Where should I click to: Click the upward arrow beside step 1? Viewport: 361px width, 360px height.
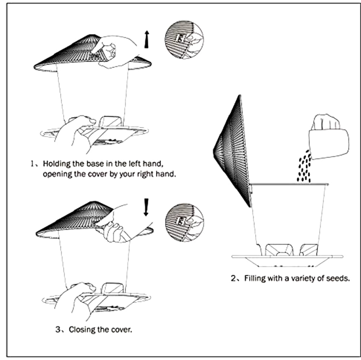click(147, 39)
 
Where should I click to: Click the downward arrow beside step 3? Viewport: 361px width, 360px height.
click(146, 207)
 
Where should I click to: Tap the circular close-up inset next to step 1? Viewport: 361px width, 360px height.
click(184, 39)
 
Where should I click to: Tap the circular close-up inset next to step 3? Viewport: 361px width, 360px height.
click(184, 222)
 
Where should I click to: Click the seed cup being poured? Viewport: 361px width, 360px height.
click(329, 144)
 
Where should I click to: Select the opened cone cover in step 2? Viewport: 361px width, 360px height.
click(232, 151)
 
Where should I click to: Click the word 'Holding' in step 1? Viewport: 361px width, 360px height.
click(57, 164)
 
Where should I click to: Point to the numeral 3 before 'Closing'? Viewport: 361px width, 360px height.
click(58, 330)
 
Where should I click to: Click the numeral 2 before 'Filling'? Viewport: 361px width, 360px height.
click(234, 278)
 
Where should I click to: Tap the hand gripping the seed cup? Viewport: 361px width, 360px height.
click(326, 122)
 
